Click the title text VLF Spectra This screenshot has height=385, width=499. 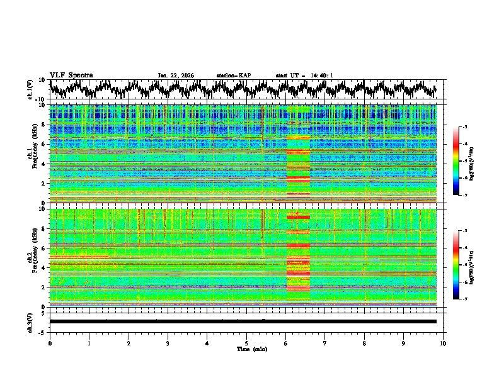[71, 75]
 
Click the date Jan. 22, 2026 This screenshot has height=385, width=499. [176, 75]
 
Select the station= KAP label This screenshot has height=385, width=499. [233, 75]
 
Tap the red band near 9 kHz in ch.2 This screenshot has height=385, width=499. [298, 217]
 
